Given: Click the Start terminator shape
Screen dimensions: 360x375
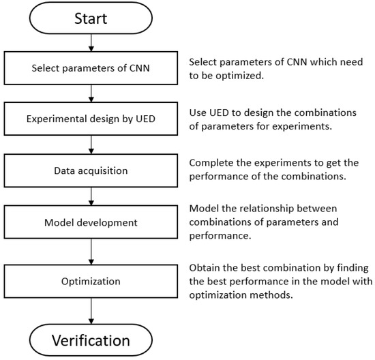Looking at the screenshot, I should [91, 19].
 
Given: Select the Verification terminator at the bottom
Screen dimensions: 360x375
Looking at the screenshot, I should [91, 340].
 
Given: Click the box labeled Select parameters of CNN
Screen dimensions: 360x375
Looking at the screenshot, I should [91, 67].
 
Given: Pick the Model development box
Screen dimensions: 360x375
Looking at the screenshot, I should [91, 222].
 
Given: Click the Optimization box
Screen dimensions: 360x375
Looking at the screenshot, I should [91, 280].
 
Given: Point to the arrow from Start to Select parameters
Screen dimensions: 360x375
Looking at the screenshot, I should [91, 44].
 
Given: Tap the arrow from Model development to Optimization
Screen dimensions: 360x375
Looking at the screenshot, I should [91, 251].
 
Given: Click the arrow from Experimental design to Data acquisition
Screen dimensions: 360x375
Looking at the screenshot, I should [91, 145].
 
